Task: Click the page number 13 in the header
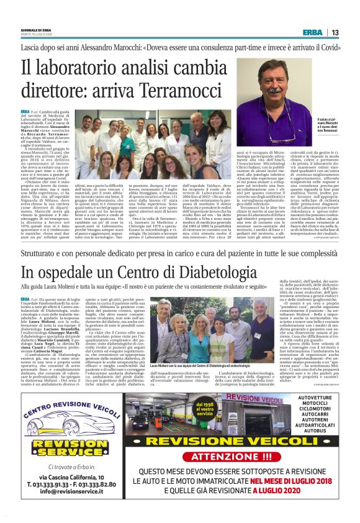(x=335, y=32)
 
